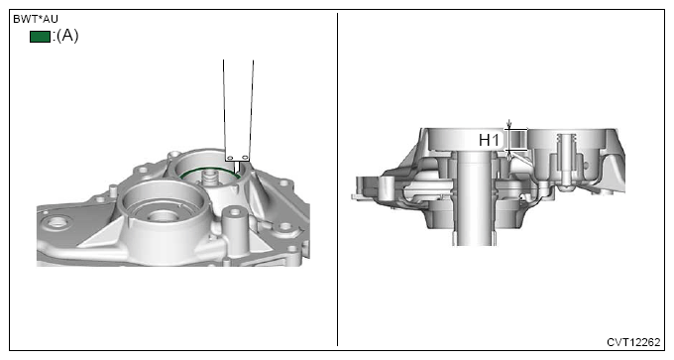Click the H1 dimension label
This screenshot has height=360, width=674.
pyautogui.click(x=489, y=140)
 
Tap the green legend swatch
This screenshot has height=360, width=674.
pyautogui.click(x=40, y=37)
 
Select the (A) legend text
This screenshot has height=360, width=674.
pyautogui.click(x=67, y=36)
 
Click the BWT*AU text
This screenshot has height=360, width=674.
pyautogui.click(x=36, y=19)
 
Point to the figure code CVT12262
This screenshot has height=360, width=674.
pyautogui.click(x=633, y=342)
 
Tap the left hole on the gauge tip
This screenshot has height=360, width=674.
pyautogui.click(x=230, y=158)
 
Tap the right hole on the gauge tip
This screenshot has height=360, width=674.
pyautogui.click(x=245, y=158)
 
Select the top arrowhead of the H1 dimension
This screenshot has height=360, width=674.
pyautogui.click(x=509, y=126)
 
